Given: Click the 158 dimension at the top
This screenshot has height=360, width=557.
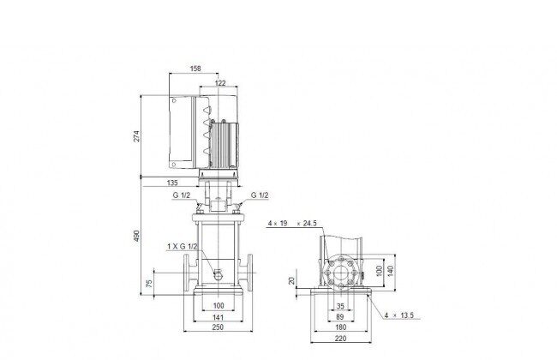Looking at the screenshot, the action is click(195, 69).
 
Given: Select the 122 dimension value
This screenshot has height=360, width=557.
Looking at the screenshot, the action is click(220, 83).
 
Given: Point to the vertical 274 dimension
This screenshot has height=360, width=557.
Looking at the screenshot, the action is click(136, 136).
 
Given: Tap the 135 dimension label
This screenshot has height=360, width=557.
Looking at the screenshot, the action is click(172, 183).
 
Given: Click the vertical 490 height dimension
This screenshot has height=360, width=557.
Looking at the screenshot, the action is click(136, 236).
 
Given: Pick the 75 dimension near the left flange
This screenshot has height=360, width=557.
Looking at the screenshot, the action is click(149, 283).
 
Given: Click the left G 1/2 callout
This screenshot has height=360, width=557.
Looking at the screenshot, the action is click(182, 195).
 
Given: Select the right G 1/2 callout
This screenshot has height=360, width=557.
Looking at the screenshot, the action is click(260, 195).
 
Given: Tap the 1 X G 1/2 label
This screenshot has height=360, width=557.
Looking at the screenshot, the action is click(183, 246).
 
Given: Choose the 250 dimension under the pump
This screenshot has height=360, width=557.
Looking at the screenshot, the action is click(218, 327).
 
